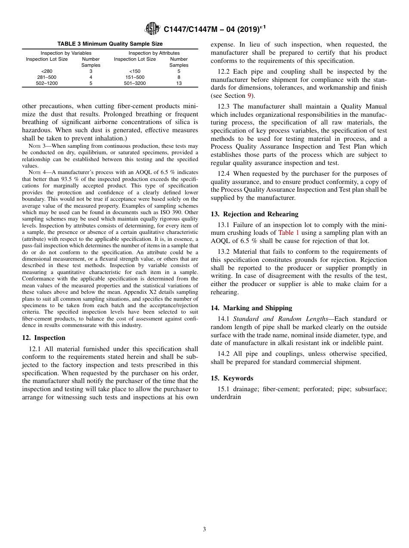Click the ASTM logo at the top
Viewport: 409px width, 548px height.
[152, 29]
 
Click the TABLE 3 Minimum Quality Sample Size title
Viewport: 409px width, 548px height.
[110, 44]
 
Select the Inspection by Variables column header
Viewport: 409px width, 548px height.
[66, 53]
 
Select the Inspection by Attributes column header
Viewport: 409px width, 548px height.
[154, 53]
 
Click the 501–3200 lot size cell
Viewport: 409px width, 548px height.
[135, 83]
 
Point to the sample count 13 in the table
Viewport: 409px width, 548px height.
[179, 83]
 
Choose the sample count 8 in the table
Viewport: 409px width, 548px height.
[179, 77]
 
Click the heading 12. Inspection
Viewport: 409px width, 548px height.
[43, 338]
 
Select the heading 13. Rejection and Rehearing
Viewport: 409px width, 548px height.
[254, 214]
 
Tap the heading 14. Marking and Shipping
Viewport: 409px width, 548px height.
[251, 308]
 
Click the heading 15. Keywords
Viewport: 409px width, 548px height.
[232, 378]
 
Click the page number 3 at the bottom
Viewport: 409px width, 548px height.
[204, 529]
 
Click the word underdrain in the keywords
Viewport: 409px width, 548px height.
[226, 397]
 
